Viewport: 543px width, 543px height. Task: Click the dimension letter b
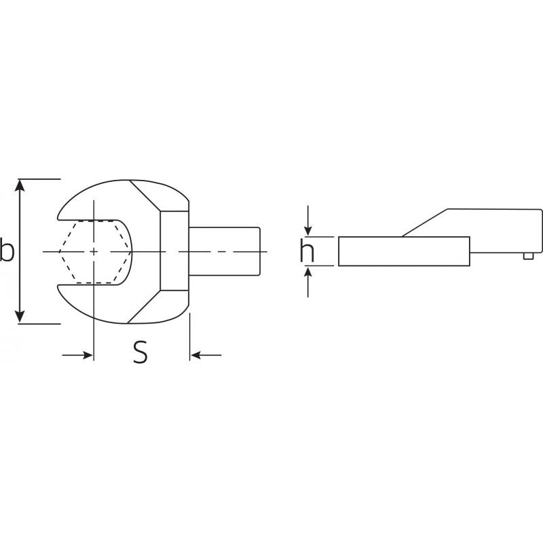pos(7,250)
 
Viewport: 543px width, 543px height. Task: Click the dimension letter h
pos(307,251)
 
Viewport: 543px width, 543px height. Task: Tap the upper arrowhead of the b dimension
pos(21,185)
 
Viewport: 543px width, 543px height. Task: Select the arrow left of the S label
pos(85,354)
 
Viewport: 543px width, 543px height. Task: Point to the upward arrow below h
pos(309,274)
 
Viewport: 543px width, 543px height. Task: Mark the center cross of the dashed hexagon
pos(94,252)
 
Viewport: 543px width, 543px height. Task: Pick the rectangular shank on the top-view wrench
pos(224,252)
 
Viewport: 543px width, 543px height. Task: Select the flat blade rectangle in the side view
pos(404,251)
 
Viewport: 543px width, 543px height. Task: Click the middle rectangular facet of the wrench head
pos(174,252)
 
